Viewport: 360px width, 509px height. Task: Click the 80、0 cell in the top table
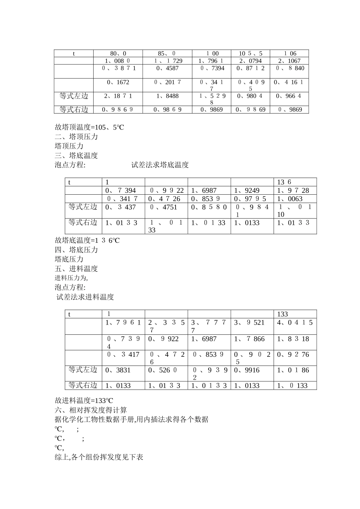[118, 54]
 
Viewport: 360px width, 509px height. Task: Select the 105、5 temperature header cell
[250, 54]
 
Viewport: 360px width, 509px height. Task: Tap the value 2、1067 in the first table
[289, 61]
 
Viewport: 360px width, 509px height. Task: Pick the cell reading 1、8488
[167, 96]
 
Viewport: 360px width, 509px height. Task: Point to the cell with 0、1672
[118, 82]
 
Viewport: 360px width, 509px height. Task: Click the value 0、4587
[167, 69]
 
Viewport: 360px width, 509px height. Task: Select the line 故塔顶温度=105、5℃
[89, 127]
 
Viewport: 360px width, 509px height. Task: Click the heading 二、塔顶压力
[76, 137]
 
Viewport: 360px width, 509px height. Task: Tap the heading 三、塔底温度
[76, 156]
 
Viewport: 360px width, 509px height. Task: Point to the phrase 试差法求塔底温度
[160, 165]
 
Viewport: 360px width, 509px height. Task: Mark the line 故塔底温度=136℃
[87, 240]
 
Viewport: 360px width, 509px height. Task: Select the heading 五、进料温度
[76, 269]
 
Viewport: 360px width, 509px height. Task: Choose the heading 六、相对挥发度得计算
[91, 410]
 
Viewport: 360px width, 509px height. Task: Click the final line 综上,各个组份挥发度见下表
[99, 457]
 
